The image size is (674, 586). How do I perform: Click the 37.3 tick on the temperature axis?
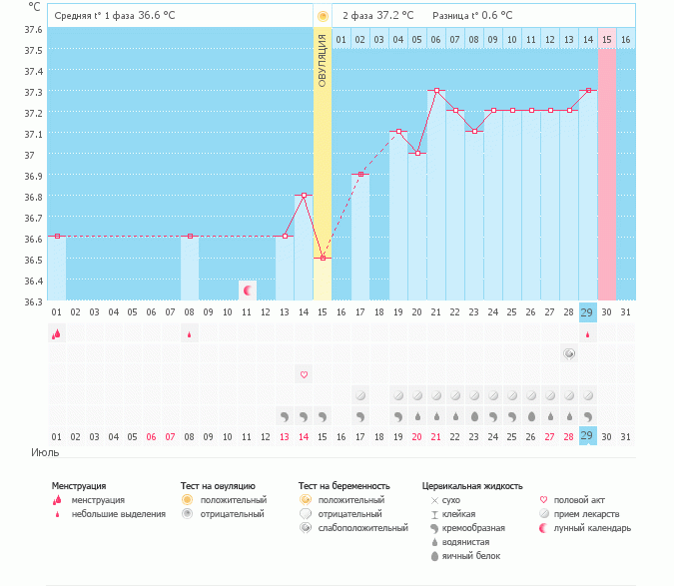[34, 92]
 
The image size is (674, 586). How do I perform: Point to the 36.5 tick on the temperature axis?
[34, 260]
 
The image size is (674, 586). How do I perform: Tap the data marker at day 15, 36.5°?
[323, 258]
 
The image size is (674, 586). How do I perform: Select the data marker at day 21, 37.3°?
[436, 90]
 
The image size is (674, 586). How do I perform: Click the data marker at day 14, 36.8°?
[304, 195]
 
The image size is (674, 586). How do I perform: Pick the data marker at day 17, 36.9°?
[360, 174]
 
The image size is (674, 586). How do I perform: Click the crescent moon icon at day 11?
[247, 290]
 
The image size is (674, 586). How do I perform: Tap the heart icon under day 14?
[304, 374]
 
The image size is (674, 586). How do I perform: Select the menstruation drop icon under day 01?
[57, 334]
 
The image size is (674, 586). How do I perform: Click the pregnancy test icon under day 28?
[569, 353]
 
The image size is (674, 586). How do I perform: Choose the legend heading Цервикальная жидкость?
[472, 486]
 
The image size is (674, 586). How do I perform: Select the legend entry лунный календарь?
[593, 528]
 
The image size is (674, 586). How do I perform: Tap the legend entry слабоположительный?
[362, 528]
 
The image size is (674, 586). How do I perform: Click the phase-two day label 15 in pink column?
[607, 39]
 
